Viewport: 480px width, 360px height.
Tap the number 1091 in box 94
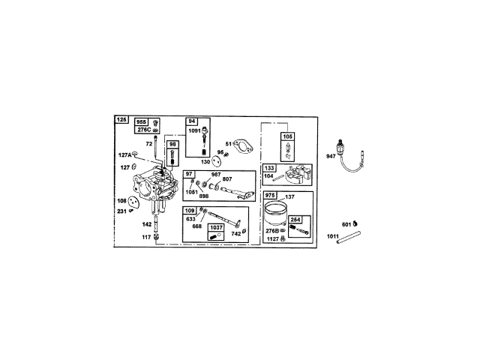(194, 131)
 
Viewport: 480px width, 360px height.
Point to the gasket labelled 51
(240, 144)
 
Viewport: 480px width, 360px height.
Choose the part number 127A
(124, 155)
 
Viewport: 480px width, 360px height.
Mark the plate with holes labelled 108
(134, 201)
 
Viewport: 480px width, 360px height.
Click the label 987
(216, 174)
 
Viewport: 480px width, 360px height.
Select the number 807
(227, 179)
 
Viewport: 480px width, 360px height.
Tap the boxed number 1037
(216, 227)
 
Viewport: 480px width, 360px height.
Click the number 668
(196, 226)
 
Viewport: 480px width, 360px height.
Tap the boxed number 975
(271, 196)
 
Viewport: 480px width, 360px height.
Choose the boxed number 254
(295, 219)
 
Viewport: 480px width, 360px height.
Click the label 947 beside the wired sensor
(331, 156)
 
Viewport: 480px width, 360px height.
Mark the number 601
(347, 223)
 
